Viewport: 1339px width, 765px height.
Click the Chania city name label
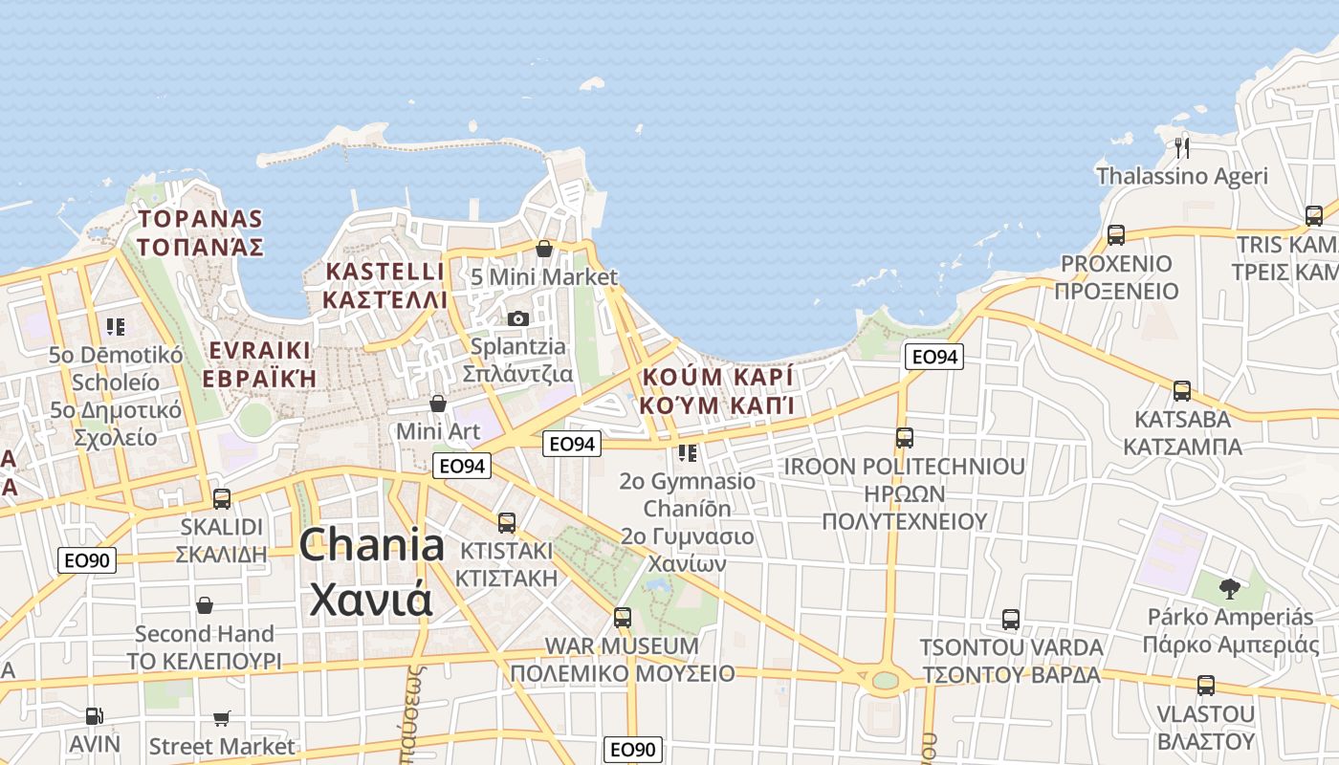click(x=371, y=572)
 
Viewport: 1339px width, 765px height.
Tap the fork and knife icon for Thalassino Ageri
click(x=1182, y=147)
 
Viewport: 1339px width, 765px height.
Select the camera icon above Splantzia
click(x=517, y=318)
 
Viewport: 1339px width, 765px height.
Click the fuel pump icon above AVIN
click(x=94, y=715)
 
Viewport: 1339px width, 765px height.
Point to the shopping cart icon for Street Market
click(x=222, y=718)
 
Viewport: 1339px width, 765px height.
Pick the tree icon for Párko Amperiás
click(x=1230, y=589)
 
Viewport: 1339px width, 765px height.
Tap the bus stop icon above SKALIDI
click(x=222, y=498)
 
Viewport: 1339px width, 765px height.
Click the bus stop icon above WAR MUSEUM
click(x=623, y=618)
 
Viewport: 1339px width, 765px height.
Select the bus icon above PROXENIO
click(x=1115, y=235)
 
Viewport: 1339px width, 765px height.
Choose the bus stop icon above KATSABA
click(x=1182, y=391)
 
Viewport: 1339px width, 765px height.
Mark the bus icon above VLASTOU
click(x=1205, y=686)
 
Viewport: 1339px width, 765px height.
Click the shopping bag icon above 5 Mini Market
click(x=544, y=250)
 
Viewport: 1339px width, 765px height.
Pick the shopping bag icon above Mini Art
click(x=438, y=404)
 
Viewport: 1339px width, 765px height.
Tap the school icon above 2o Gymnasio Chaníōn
click(x=687, y=452)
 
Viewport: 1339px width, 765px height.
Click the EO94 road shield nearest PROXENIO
click(x=933, y=357)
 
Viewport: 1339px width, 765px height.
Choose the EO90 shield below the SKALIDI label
click(x=87, y=560)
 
